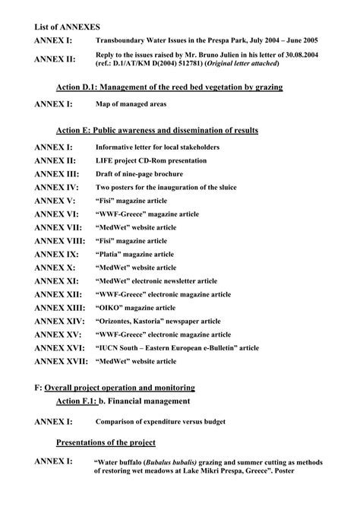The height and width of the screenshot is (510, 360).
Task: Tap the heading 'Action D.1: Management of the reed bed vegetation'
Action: coord(169,87)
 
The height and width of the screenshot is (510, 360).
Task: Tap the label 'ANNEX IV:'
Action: coord(57,187)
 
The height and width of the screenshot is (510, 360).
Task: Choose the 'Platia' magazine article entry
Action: coord(134,254)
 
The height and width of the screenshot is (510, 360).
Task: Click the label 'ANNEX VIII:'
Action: coord(62,241)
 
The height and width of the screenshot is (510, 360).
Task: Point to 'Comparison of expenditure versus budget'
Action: coord(165,421)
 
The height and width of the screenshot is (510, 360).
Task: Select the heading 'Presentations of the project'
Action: coord(106,442)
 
